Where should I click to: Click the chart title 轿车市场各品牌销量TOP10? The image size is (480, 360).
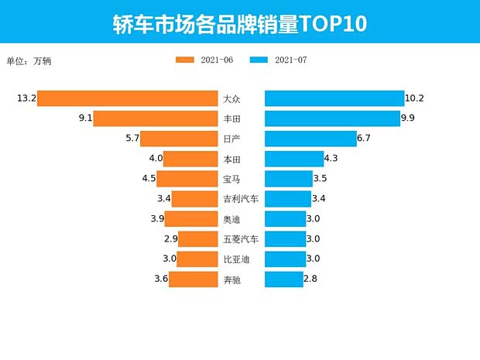tap(239, 23)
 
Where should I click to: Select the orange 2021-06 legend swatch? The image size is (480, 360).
tap(186, 60)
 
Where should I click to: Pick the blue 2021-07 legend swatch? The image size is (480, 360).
tap(259, 60)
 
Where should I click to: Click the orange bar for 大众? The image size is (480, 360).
tap(127, 98)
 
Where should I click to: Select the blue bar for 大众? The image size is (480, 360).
tap(334, 98)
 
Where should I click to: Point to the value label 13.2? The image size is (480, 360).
tap(26, 98)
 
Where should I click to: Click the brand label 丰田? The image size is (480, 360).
tap(231, 118)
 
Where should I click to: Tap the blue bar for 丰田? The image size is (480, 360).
tap(333, 118)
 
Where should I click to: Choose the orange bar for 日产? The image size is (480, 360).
tap(179, 139)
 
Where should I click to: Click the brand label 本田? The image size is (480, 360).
tap(231, 159)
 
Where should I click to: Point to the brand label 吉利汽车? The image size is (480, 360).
tap(241, 199)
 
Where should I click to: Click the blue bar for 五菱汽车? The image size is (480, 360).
tap(285, 239)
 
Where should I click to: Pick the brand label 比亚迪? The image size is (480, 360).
tap(236, 259)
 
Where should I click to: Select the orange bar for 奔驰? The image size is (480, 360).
tap(193, 279)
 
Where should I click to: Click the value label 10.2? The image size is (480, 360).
tap(415, 98)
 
